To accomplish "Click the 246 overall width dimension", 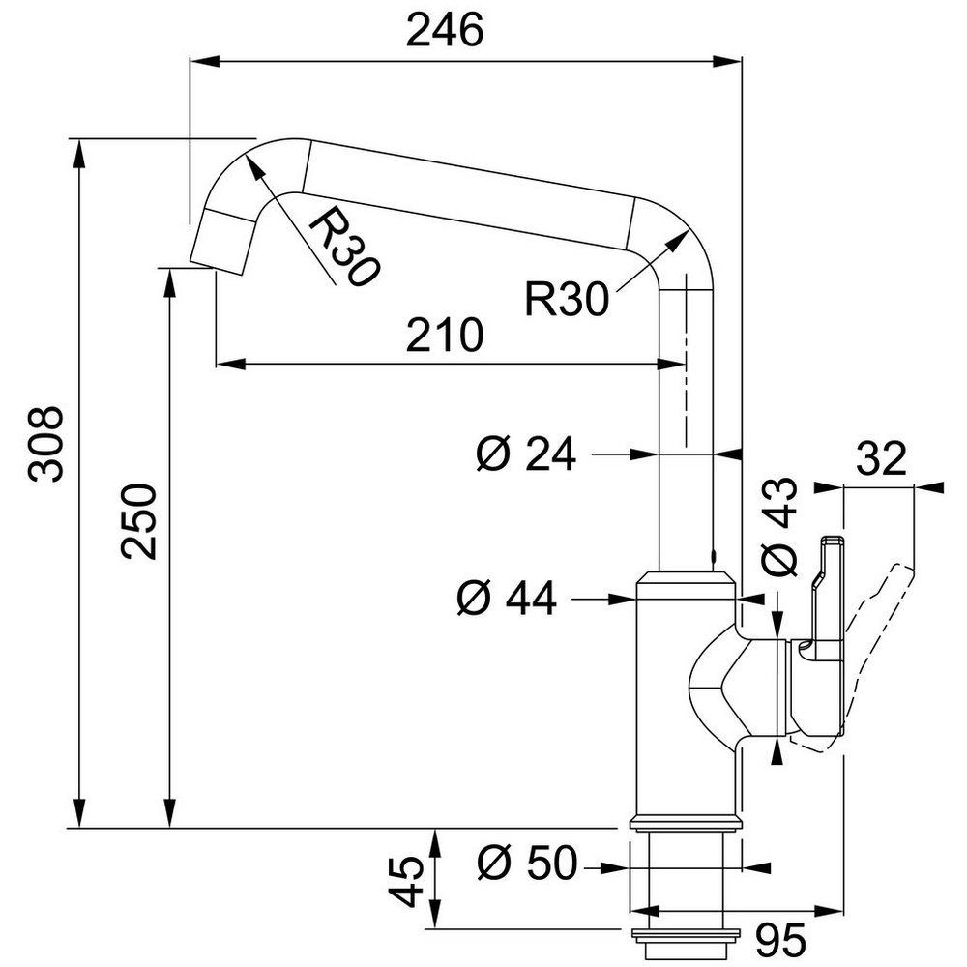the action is coord(445,30).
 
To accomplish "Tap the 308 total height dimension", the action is coord(45,444).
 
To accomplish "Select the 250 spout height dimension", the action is coord(138,521).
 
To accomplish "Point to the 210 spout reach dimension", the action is coord(445,335).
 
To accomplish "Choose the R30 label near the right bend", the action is coord(566,299).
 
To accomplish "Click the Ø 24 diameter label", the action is coord(526,454).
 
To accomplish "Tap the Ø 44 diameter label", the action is coord(507,598).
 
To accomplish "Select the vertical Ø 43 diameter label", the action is coord(778,526).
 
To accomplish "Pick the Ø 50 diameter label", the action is coord(527,862).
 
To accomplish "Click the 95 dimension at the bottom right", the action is coord(780,939).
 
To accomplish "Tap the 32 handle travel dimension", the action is coord(882,458).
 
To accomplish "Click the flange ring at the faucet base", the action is coord(685,822).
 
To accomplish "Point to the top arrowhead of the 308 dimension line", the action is coord(78,154).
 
